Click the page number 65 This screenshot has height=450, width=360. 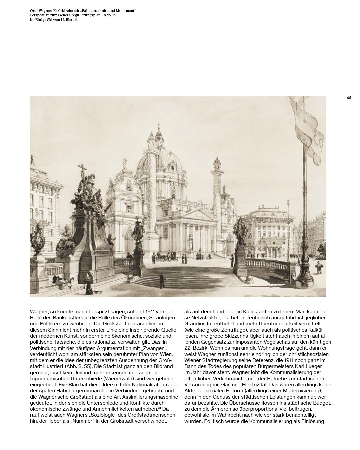click(349, 98)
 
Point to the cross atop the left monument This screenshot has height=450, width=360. click(82, 170)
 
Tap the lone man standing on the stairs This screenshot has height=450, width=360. click(162, 281)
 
